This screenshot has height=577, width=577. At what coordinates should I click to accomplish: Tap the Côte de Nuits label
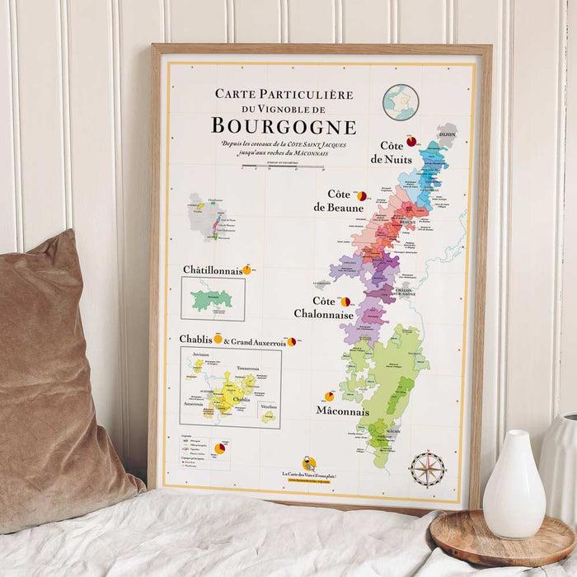[x=390, y=151]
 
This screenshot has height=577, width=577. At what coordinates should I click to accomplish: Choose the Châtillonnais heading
[x=213, y=270]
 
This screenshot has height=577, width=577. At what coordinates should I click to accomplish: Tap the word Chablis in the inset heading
[x=195, y=339]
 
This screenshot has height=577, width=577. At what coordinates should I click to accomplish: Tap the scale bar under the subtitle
[x=271, y=167]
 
